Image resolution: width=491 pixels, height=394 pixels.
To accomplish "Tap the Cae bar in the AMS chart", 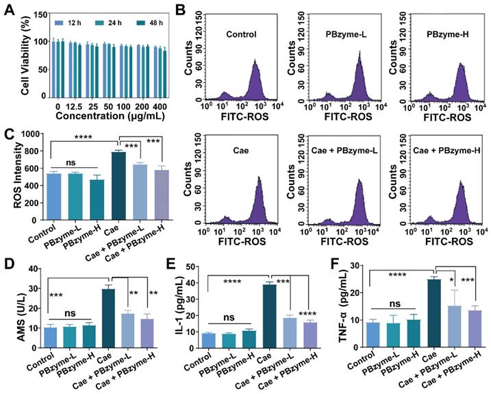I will [x=108, y=315].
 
